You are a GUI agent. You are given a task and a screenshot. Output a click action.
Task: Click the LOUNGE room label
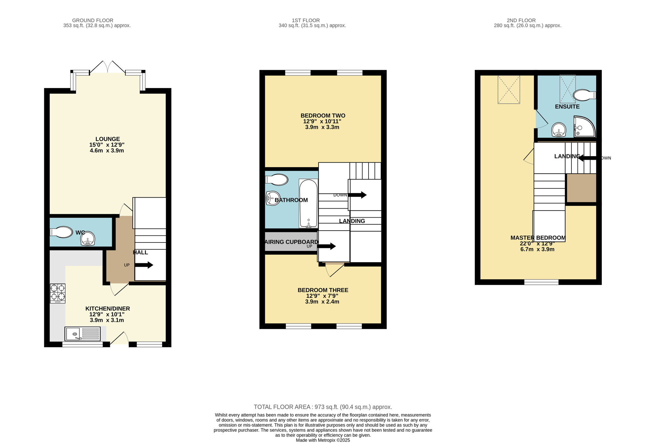coord(108,139)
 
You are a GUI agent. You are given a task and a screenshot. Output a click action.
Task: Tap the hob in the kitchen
coord(57,293)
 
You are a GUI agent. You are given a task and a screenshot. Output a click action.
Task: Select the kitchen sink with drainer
coord(82,334)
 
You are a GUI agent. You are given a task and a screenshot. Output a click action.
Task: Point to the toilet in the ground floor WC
coord(61,232)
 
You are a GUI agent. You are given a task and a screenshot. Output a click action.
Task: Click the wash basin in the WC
coord(88,239)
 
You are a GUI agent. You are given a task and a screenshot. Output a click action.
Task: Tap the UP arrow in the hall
coord(144,265)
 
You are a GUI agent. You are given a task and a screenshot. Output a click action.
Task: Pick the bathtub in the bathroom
coord(308,203)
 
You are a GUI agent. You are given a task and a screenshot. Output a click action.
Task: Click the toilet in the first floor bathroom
coord(276,180)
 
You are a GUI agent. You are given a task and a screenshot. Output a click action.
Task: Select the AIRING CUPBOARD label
coord(291,242)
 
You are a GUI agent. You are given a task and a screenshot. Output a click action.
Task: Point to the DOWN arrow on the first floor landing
coord(357,195)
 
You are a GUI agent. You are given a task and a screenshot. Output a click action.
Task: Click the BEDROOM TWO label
coord(323,115)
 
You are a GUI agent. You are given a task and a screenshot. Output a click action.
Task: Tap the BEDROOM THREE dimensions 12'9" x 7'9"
coord(322,296)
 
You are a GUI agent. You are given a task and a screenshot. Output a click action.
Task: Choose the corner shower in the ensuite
coord(584,126)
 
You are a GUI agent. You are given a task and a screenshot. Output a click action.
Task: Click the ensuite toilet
coord(584,95)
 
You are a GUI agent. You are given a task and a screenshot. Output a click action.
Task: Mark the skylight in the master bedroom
coord(509,90)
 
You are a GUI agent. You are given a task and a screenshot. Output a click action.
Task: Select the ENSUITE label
coord(567,107)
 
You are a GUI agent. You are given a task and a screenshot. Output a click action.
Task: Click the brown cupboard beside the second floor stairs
coord(581,188)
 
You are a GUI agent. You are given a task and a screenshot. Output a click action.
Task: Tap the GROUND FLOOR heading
coord(93,20)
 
